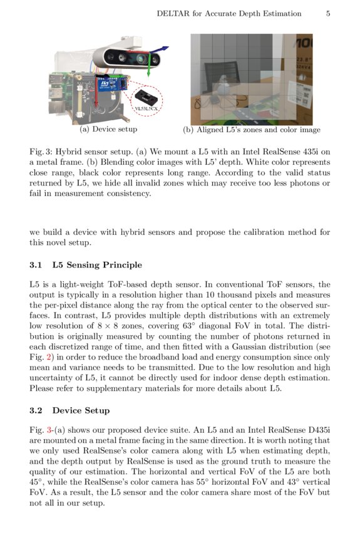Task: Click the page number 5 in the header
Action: [327, 14]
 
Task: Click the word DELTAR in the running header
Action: [174, 14]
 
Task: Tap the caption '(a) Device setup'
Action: [108, 129]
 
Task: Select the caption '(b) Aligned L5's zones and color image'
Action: [251, 130]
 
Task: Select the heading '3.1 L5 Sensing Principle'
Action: [86, 265]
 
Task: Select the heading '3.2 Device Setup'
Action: [69, 410]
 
